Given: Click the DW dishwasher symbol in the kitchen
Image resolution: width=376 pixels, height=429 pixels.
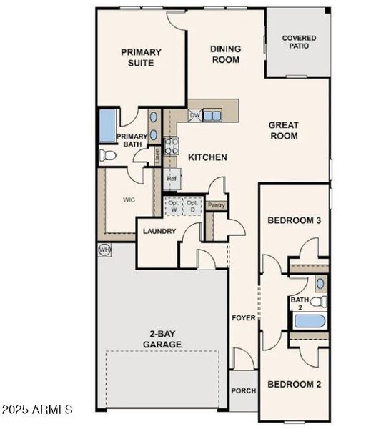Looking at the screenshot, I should click(x=194, y=115).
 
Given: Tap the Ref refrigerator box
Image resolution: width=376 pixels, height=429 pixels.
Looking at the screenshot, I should click(x=172, y=179).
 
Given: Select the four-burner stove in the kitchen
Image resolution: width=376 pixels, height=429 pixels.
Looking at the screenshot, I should click(x=172, y=146).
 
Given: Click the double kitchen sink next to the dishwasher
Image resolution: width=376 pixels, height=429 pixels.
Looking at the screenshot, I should click(x=212, y=115).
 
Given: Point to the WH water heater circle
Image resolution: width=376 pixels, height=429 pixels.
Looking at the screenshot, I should click(x=104, y=250).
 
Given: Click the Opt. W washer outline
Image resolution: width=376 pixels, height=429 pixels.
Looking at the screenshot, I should click(x=174, y=205).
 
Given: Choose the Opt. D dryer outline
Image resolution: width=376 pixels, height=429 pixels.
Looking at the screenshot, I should click(x=192, y=205).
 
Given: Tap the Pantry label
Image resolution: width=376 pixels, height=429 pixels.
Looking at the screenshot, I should click(x=217, y=205).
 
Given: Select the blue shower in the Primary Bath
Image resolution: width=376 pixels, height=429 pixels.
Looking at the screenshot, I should click(x=107, y=125).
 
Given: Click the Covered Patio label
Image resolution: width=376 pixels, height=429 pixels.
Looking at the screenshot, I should click(x=299, y=42).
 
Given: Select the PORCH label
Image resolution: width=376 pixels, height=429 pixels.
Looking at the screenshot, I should click(x=243, y=391).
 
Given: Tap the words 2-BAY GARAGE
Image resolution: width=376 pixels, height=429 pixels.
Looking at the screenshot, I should click(x=165, y=339).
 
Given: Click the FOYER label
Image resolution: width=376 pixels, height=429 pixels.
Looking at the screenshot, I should click(x=243, y=317).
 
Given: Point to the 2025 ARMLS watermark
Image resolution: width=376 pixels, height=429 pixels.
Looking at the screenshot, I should click(x=37, y=410).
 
